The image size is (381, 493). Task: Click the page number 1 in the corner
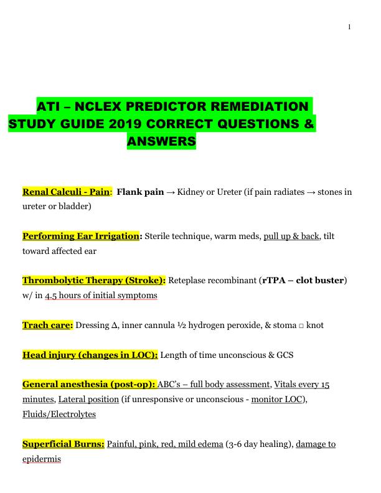pos(349,27)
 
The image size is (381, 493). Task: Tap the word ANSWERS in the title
pos(161,142)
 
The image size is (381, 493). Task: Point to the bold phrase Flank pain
pos(140,192)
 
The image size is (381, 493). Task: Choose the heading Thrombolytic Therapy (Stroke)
pos(94,281)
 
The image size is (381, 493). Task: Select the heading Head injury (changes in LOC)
pos(90,355)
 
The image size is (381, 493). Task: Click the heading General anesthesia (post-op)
pos(89,385)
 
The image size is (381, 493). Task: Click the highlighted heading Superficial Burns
pos(63,444)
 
